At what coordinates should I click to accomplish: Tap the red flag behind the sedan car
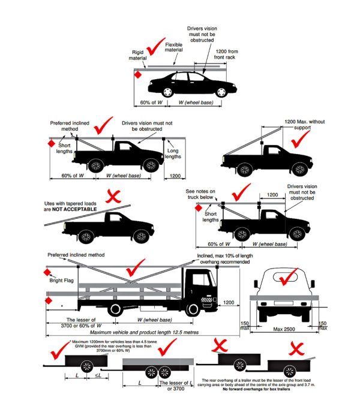138,75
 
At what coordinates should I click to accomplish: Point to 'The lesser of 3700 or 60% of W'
79,322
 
